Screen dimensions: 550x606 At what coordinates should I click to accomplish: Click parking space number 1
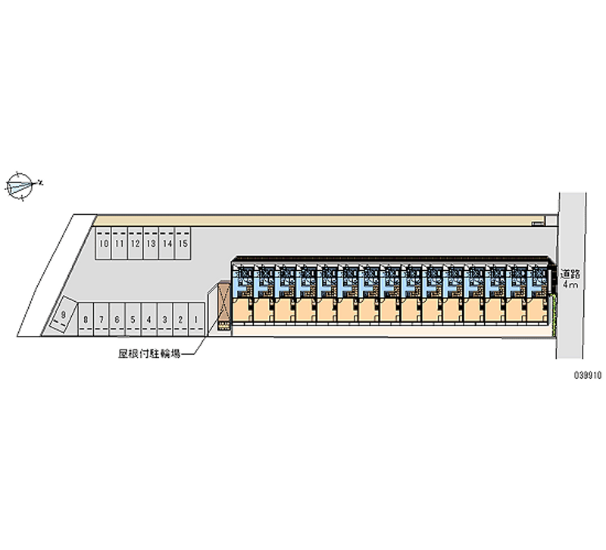[x=197, y=320]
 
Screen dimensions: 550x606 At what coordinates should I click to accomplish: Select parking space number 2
[x=181, y=320]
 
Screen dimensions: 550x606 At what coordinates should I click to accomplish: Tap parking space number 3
[x=165, y=320]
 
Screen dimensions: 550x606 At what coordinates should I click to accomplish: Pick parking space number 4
[x=149, y=320]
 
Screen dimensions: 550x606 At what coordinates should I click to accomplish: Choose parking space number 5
[x=133, y=320]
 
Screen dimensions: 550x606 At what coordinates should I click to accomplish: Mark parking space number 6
[x=117, y=320]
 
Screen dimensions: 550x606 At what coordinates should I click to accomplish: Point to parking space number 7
[x=102, y=320]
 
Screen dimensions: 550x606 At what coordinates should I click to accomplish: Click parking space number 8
[x=86, y=320]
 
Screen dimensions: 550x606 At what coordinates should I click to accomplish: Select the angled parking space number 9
[x=61, y=317]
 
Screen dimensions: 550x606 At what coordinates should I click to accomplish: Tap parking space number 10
[x=102, y=244]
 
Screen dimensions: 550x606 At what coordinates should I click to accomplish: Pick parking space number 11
[x=119, y=244]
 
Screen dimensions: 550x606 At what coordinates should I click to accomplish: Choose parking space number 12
[x=135, y=244]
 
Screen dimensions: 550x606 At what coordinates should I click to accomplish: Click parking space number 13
[x=151, y=244]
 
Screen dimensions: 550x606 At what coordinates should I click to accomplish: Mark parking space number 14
[x=167, y=244]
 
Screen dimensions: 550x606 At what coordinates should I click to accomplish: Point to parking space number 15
[x=183, y=244]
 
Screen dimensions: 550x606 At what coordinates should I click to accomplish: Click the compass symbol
[x=20, y=185]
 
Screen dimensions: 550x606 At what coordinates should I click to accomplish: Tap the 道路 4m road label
[x=570, y=279]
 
